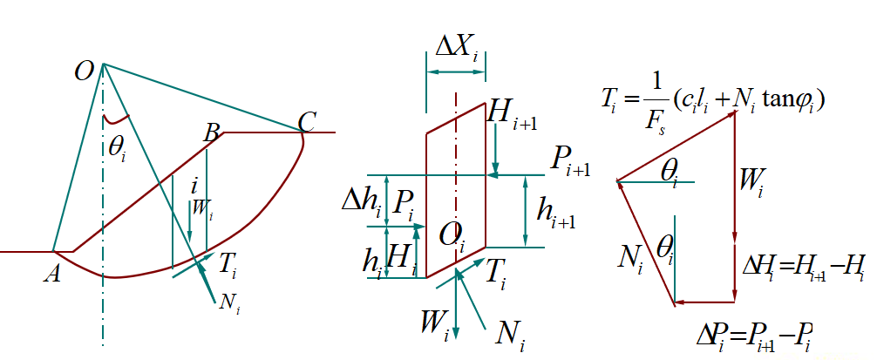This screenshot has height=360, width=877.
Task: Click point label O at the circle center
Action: [x=85, y=71]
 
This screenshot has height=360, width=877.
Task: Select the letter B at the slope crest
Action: [x=211, y=133]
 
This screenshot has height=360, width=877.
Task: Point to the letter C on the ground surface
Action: [x=306, y=122]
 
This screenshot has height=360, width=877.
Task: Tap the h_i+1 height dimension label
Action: [x=555, y=211]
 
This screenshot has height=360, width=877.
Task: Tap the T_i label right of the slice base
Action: [x=495, y=275]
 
